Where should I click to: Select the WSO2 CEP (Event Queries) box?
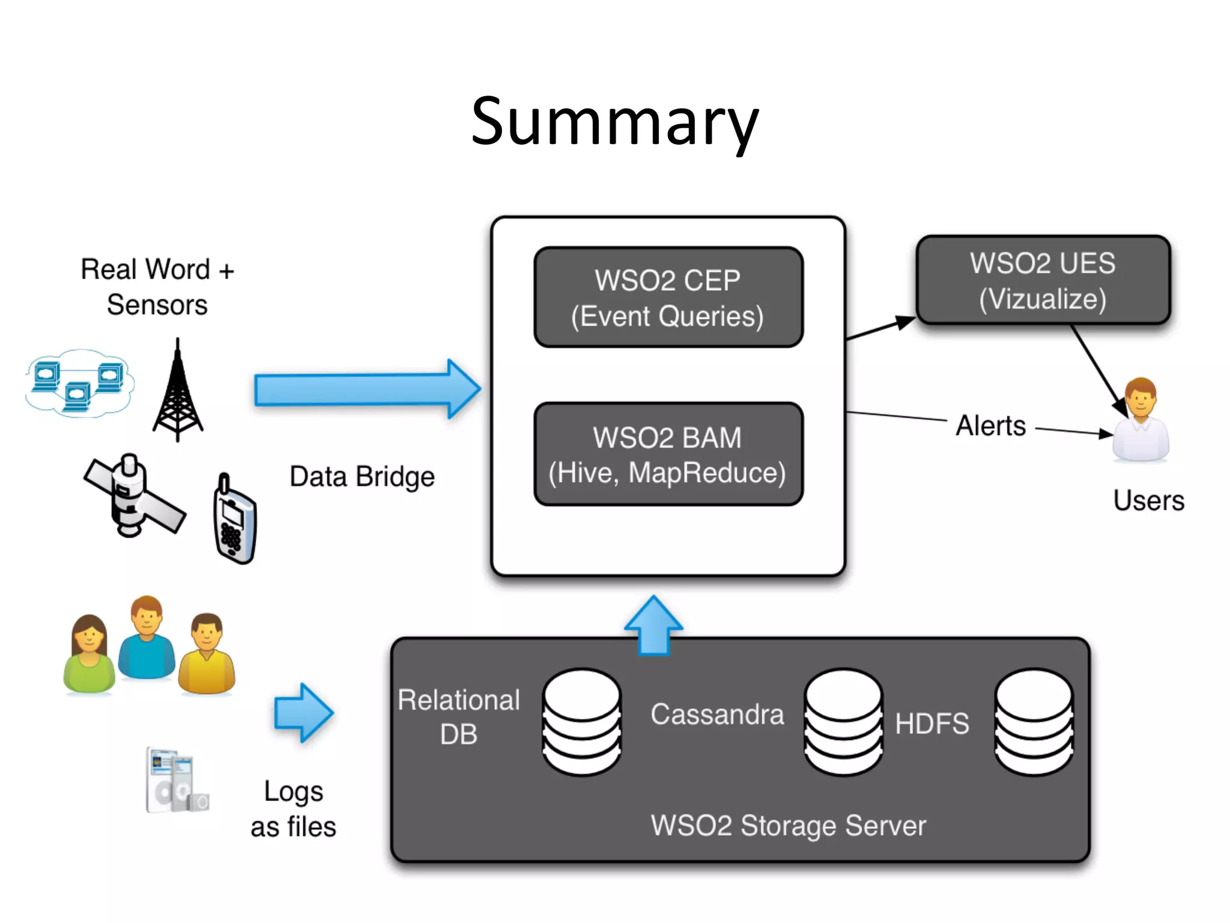[x=668, y=297]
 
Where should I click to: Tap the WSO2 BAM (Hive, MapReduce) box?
[x=668, y=454]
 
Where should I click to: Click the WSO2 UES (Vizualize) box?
[x=1043, y=281]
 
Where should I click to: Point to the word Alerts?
[x=991, y=426]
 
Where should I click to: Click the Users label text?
[x=1148, y=501]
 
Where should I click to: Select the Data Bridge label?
[x=362, y=477]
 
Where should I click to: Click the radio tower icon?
[x=178, y=391]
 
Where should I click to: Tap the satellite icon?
[x=134, y=496]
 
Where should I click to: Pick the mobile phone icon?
[x=235, y=520]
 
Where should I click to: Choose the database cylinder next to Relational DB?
[x=581, y=722]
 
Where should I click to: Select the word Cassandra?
[x=717, y=714]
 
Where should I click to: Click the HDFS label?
[x=932, y=723]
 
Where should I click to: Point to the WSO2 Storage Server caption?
[x=788, y=826]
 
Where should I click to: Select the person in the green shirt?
[x=89, y=655]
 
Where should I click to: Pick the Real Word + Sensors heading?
[x=157, y=287]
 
